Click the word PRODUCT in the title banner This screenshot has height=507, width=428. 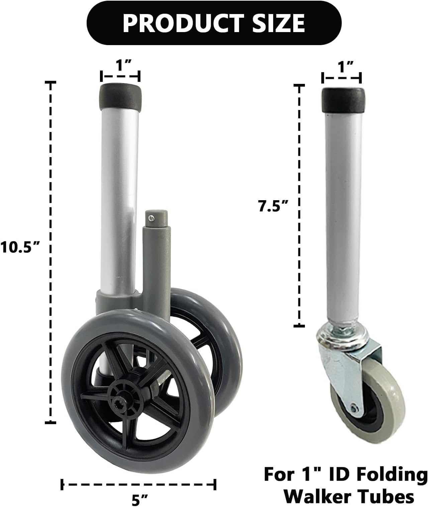(178, 23)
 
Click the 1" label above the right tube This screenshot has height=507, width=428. (341, 67)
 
